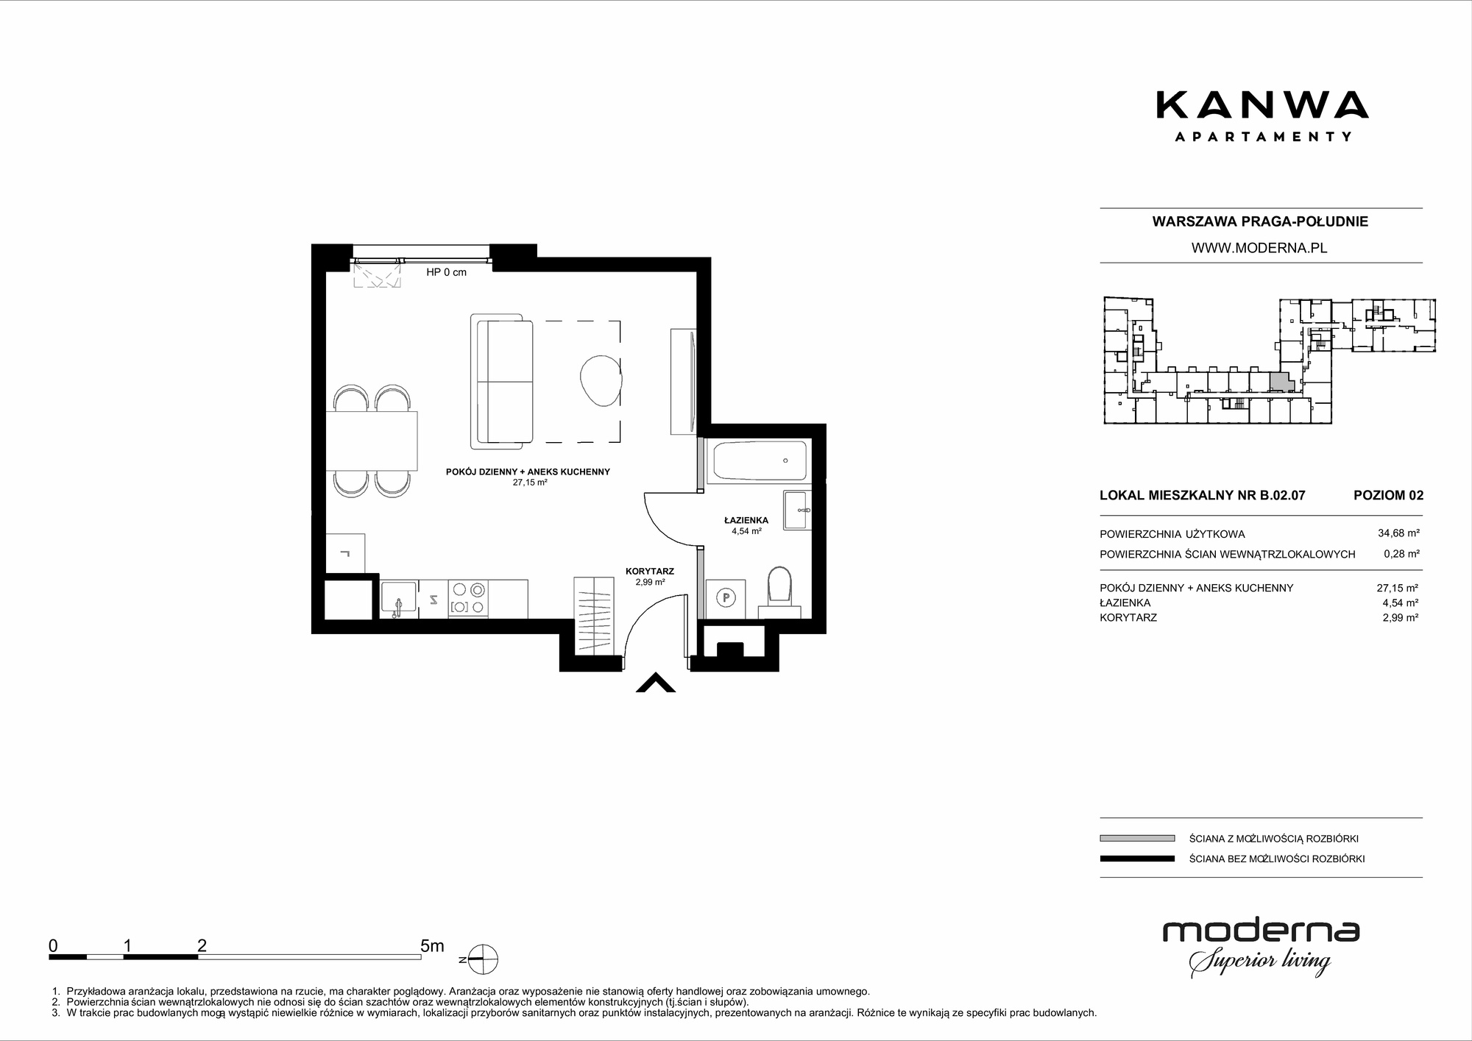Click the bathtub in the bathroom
tap(759, 461)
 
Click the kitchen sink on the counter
tap(398, 597)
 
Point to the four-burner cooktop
tap(469, 597)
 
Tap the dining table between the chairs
tap(372, 441)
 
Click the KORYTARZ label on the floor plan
tap(650, 571)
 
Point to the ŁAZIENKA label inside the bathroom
tap(746, 520)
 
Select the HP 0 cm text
tap(446, 272)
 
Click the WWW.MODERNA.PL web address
tap(1259, 248)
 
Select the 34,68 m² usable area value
tap(1398, 533)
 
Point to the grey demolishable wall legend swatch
tap(1137, 838)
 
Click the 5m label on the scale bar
tap(432, 945)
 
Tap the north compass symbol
tap(481, 959)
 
